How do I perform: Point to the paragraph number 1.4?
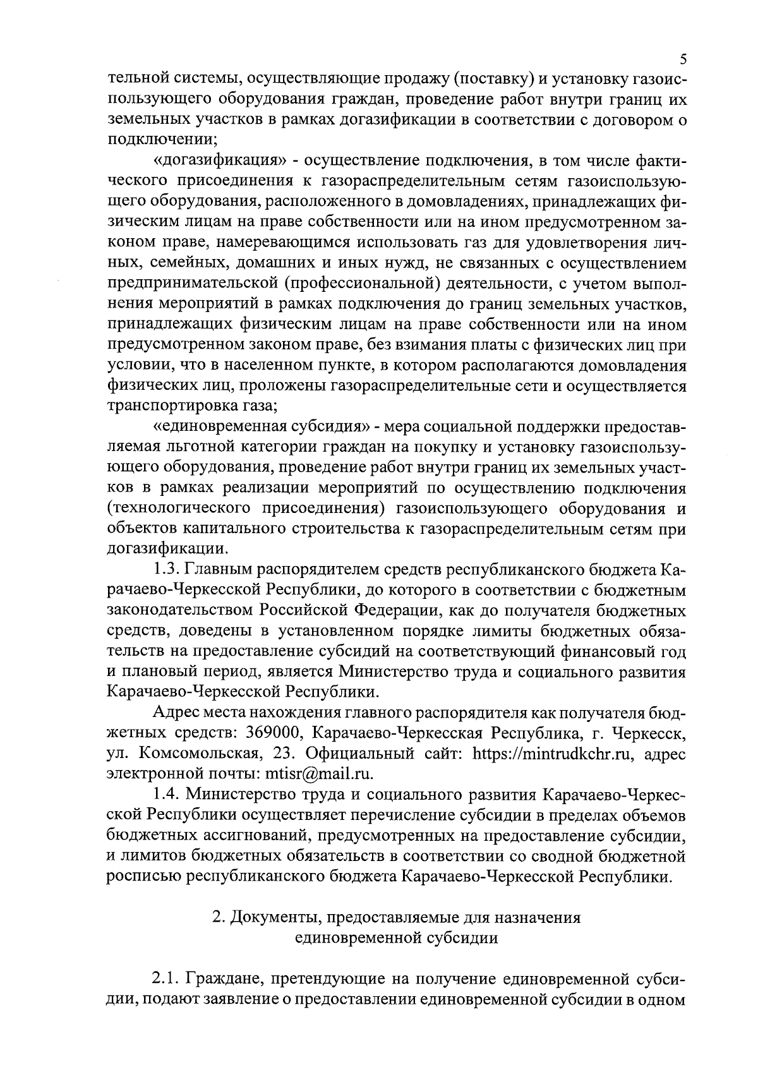click(165, 793)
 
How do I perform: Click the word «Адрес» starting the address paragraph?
click(176, 713)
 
